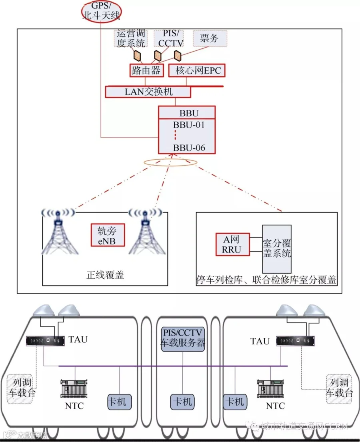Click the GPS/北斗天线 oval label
(x=101, y=12)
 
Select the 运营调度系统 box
(x=131, y=38)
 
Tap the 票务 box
(x=210, y=38)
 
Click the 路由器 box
(x=146, y=70)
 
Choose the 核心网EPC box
(x=197, y=70)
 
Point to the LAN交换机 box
(x=148, y=92)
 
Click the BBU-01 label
(x=188, y=125)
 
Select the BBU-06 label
(x=189, y=148)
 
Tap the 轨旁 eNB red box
(x=108, y=235)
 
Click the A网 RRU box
(x=232, y=244)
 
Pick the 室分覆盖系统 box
(x=276, y=249)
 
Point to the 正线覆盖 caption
(x=105, y=275)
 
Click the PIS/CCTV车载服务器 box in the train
(x=183, y=339)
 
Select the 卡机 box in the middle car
(x=182, y=402)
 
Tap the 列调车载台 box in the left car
(x=20, y=389)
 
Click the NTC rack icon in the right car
(x=270, y=389)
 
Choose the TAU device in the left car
(x=45, y=341)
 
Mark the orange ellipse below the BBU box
(x=170, y=162)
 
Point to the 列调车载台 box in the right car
(x=339, y=389)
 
